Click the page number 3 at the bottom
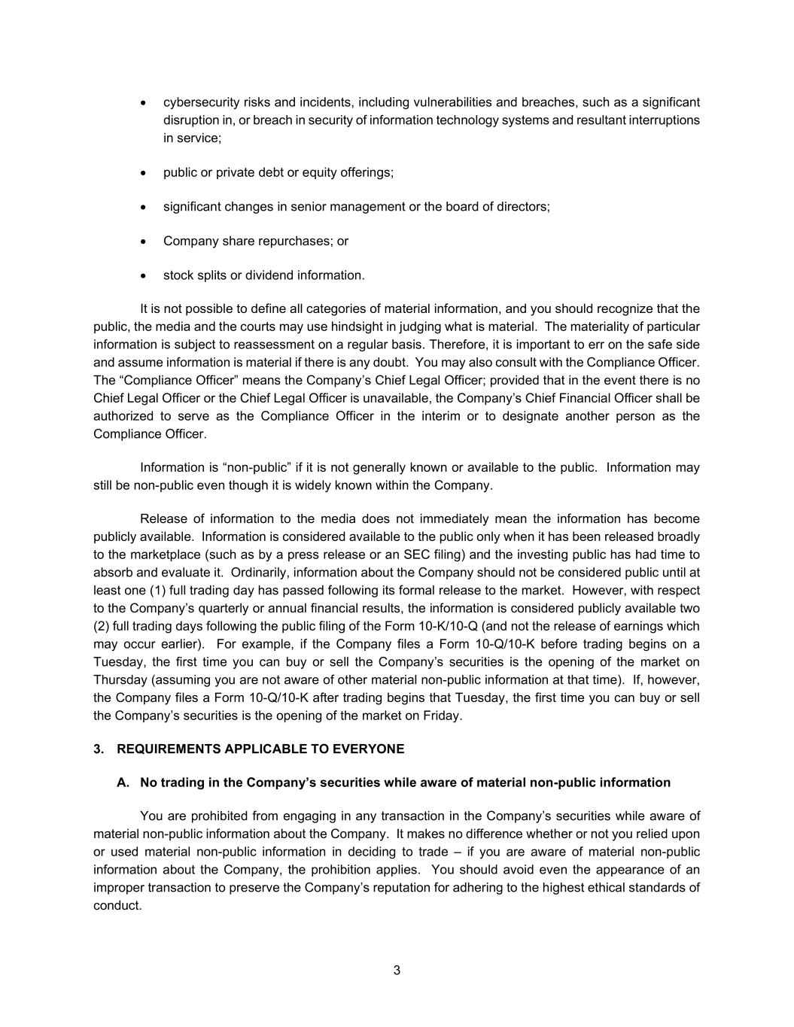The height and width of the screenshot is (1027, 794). (x=397, y=970)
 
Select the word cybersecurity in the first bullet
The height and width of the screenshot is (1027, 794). (x=200, y=102)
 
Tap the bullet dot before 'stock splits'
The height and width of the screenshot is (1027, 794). (x=144, y=276)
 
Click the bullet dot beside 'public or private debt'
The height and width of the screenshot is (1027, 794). (x=144, y=173)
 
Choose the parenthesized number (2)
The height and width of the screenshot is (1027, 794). (x=102, y=626)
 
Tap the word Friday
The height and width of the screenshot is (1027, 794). (x=442, y=716)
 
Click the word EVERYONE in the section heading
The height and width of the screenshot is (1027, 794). (x=373, y=749)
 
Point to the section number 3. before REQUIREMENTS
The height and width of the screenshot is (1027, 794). (x=99, y=749)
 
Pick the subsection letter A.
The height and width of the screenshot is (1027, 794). (x=123, y=782)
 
